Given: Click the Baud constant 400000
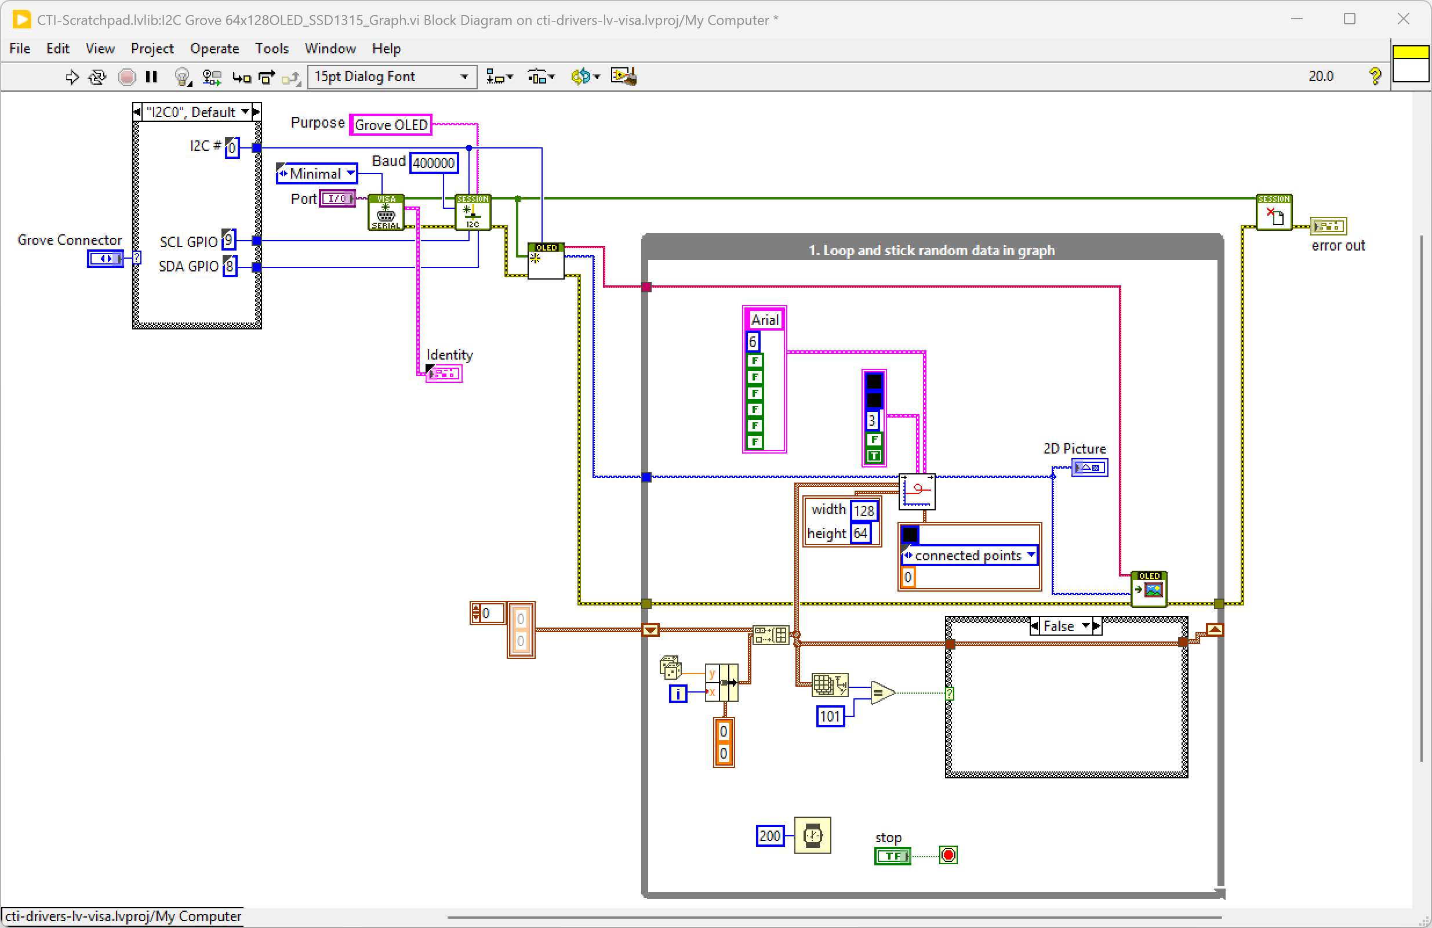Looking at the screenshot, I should (x=433, y=163).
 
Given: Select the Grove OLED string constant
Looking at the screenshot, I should (x=391, y=125).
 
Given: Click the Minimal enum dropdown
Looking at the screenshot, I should (x=317, y=174).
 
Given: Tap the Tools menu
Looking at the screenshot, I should (x=271, y=48).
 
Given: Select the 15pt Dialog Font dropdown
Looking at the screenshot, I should (x=391, y=77).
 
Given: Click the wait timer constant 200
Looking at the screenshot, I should (x=769, y=835).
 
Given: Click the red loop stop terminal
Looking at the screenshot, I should (x=948, y=855).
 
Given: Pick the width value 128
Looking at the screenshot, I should (x=864, y=511).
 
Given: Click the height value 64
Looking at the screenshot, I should (x=860, y=533).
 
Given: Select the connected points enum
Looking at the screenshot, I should (x=969, y=556).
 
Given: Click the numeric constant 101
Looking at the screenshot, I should (x=830, y=716).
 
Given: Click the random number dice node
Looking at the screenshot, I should (x=670, y=667).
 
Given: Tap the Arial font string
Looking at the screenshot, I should (x=765, y=320).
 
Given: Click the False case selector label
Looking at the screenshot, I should (x=1059, y=626).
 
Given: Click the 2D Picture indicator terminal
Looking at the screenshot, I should (x=1089, y=467).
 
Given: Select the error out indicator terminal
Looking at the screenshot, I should (x=1328, y=226).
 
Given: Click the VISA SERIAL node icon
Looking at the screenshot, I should (x=386, y=212).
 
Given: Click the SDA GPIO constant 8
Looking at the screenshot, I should (x=230, y=266).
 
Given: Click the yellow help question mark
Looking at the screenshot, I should (x=1375, y=77).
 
